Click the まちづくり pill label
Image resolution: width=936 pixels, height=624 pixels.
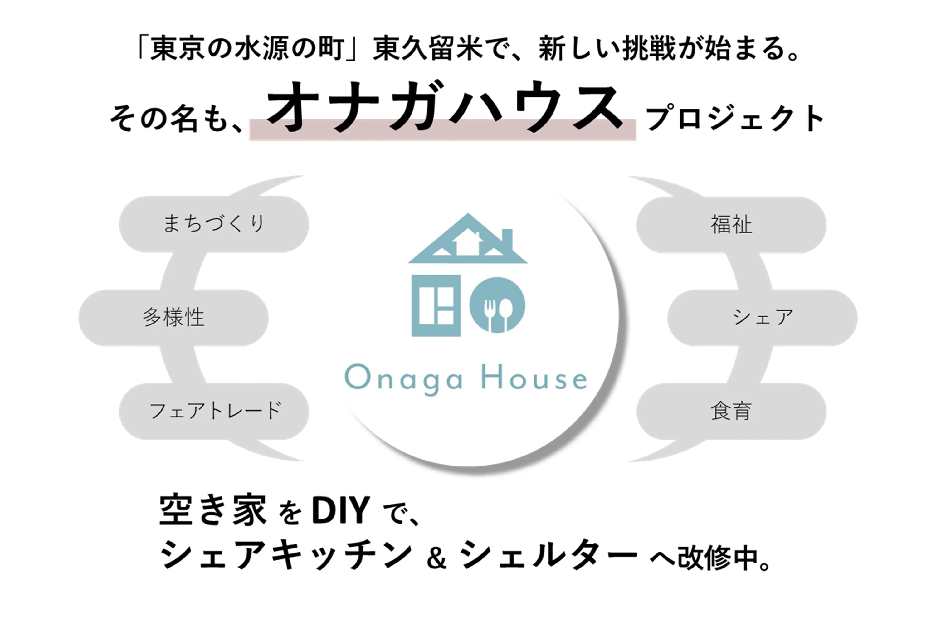(214, 223)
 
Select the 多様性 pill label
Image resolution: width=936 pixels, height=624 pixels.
(173, 318)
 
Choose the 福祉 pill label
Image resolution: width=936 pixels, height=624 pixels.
(731, 224)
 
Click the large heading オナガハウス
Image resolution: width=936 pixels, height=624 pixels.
(445, 106)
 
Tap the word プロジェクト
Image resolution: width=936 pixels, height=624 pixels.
(735, 118)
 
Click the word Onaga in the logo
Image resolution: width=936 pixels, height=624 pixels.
(404, 378)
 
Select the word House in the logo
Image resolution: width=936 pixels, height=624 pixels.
(534, 377)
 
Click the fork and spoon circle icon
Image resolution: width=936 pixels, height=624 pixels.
(497, 305)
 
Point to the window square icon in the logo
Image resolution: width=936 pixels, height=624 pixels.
(436, 305)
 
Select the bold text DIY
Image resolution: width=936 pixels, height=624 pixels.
(341, 510)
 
